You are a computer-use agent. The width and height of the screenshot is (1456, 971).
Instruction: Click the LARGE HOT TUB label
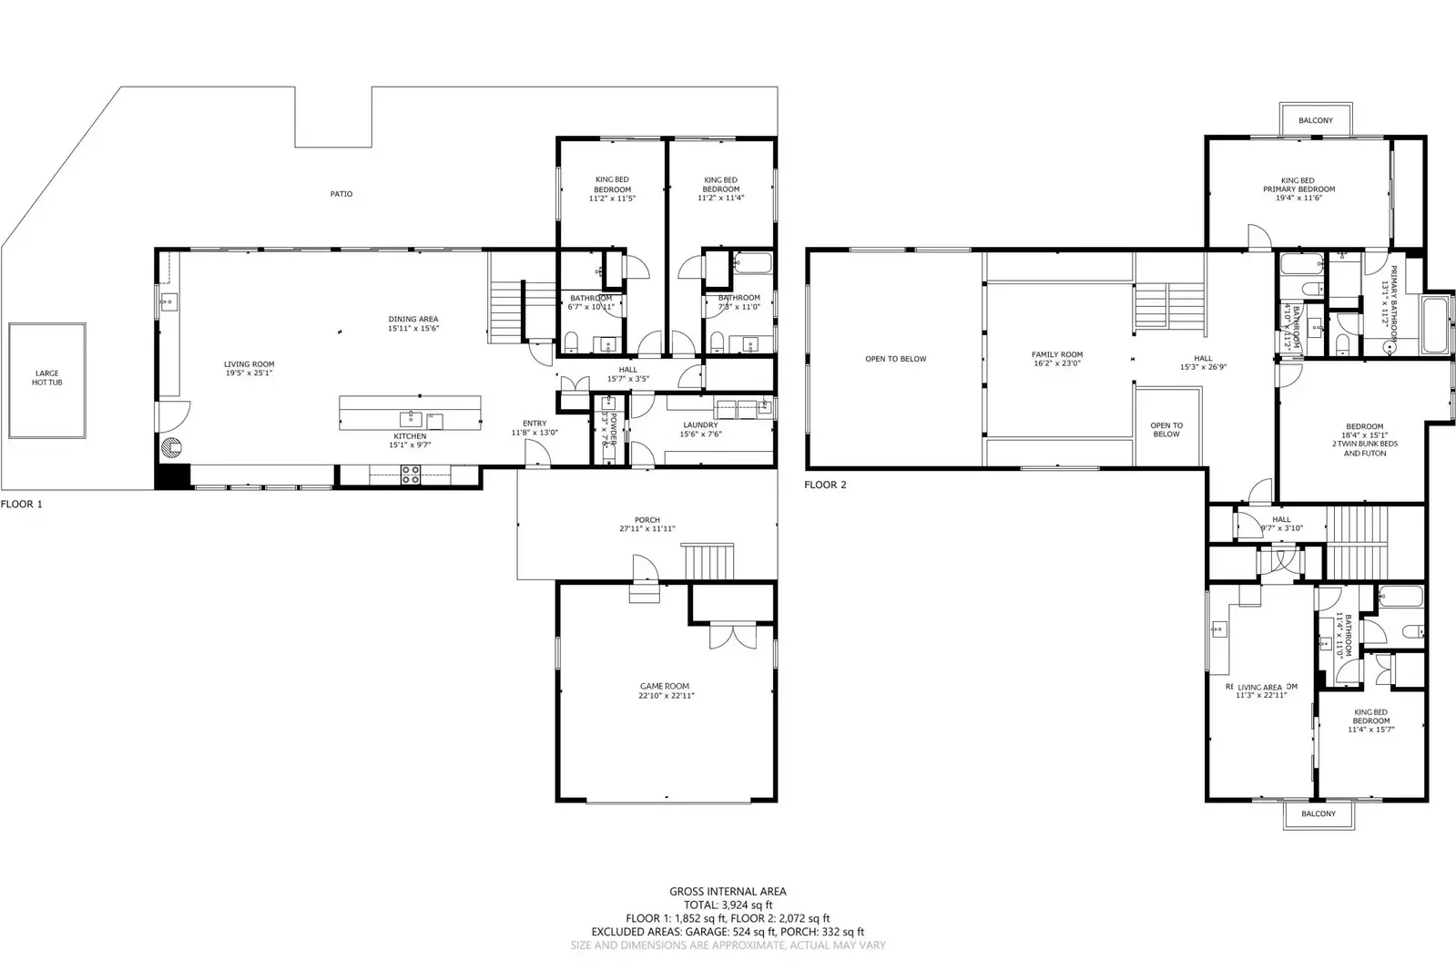[x=47, y=378]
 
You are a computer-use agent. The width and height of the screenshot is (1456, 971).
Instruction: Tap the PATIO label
[x=341, y=194]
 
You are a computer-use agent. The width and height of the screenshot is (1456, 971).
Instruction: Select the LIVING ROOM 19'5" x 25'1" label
[x=249, y=369]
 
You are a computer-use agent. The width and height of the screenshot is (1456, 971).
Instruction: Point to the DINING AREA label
[x=413, y=323]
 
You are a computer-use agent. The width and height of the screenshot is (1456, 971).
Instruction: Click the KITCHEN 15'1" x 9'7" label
[x=410, y=441]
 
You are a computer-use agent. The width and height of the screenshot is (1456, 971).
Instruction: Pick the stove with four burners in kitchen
[x=411, y=475]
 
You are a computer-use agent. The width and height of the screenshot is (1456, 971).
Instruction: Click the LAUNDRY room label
[x=700, y=429]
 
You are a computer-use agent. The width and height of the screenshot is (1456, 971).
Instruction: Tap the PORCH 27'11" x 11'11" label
[x=647, y=525]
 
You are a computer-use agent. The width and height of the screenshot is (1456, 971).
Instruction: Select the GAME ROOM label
[x=665, y=690]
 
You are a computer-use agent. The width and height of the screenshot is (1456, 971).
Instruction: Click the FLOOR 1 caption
[x=22, y=504]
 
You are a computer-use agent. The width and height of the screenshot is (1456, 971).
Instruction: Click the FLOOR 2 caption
[x=825, y=485]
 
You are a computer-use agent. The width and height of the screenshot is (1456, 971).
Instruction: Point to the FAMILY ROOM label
[x=1056, y=359]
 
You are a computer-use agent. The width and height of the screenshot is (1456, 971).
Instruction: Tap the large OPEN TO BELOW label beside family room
[x=895, y=359]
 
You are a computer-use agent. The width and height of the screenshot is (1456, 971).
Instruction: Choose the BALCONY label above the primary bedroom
[x=1315, y=120]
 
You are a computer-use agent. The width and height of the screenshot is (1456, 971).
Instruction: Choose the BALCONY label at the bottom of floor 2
[x=1318, y=813]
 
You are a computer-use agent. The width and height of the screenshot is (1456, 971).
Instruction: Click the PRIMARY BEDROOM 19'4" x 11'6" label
[x=1298, y=189]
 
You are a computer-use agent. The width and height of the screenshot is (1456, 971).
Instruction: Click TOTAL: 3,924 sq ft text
[x=728, y=905]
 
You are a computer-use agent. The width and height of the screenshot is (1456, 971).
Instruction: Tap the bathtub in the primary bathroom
[x=1435, y=325]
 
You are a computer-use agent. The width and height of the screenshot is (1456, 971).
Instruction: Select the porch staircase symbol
[x=708, y=559]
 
